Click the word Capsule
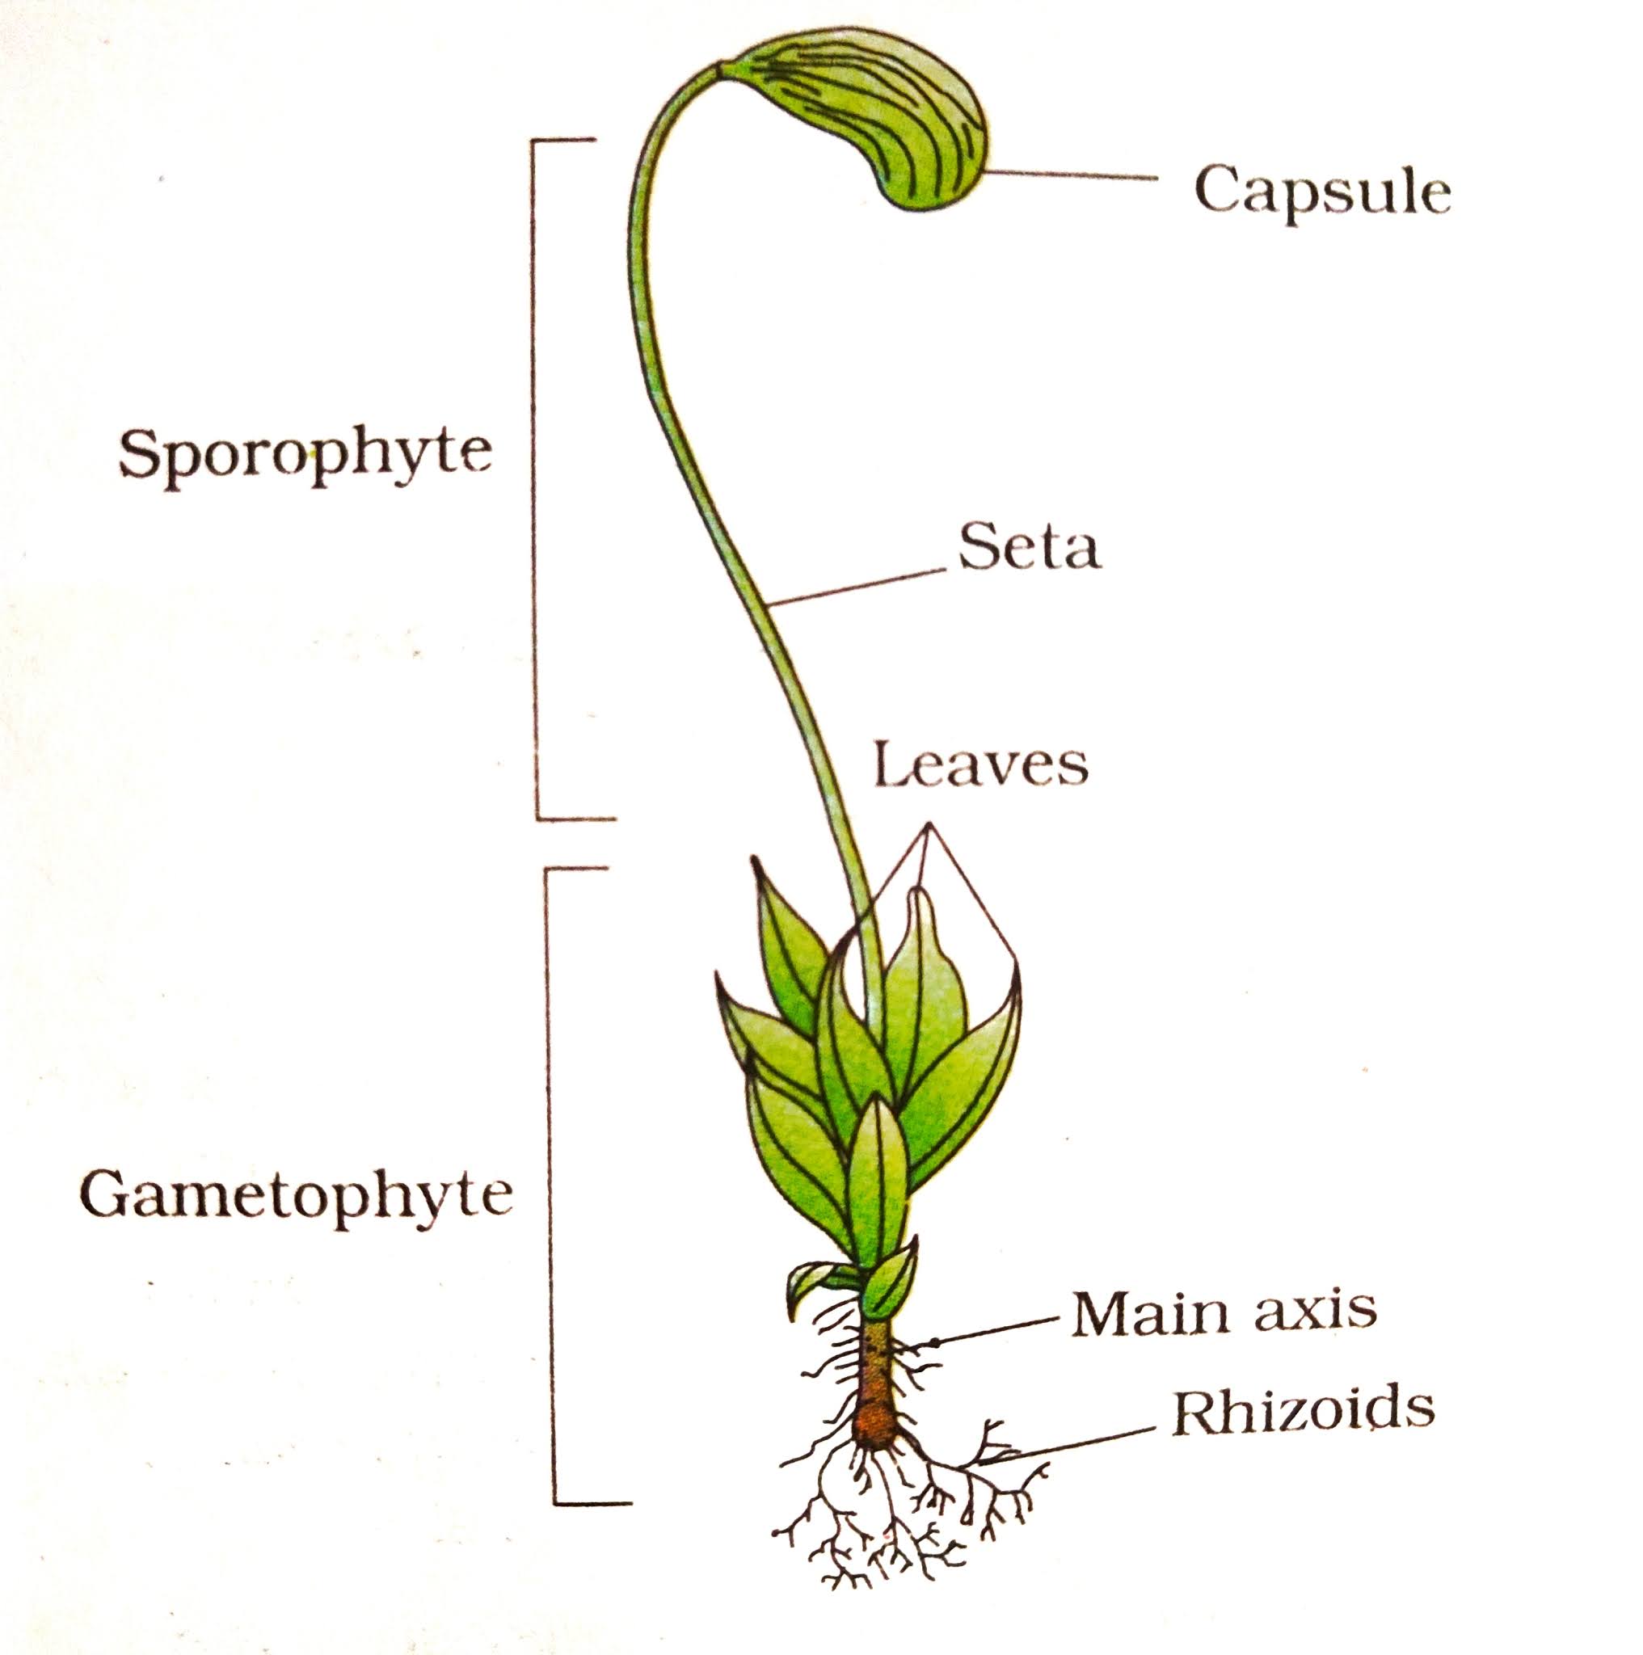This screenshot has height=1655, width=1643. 1322,192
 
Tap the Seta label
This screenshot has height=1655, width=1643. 1029,548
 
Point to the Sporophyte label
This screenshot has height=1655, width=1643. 305,453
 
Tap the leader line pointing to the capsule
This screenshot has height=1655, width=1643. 1071,175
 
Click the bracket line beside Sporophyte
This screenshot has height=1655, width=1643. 537,480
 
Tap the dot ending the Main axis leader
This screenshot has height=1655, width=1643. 934,1341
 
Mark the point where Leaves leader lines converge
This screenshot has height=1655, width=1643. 928,826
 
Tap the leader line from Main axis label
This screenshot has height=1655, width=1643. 994,1330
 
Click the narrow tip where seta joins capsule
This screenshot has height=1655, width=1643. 725,69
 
